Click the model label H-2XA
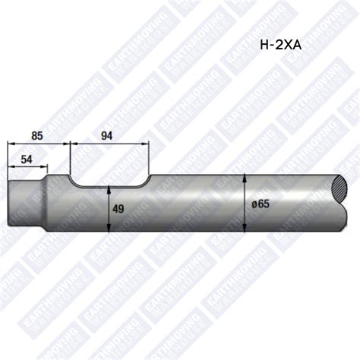point(280,45)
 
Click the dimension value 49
point(118,208)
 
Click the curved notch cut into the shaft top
point(109,182)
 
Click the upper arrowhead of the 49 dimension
point(110,188)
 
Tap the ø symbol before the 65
point(253,204)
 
